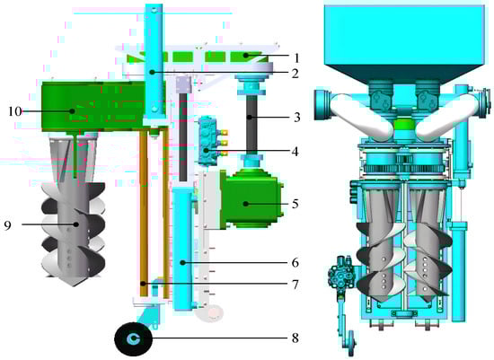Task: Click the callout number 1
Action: click(296, 58)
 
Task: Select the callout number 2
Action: click(296, 74)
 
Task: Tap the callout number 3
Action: click(296, 118)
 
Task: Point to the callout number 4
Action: click(295, 152)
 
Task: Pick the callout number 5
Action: click(296, 204)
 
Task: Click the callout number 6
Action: click(296, 262)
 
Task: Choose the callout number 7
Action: click(296, 285)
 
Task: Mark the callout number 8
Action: click(296, 338)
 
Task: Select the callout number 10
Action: click(14, 110)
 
